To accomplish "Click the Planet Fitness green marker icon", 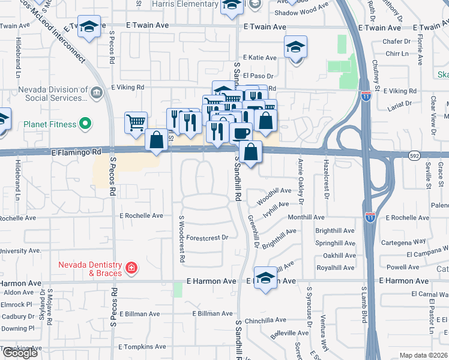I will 86,124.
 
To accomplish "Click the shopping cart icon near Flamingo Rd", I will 136,122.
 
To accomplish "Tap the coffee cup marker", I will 241,132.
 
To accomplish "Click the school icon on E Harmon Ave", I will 265,278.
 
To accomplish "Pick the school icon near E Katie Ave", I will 295,46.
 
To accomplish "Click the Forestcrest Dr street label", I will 208,238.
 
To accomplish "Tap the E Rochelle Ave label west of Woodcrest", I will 141,215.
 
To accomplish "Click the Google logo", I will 19,352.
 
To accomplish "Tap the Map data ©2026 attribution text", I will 423,355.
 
